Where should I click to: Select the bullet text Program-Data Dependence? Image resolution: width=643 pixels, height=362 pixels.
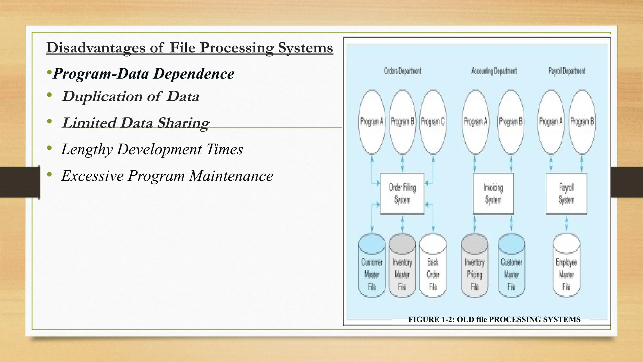[x=143, y=74]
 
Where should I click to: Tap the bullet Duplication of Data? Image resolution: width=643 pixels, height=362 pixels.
[x=131, y=96]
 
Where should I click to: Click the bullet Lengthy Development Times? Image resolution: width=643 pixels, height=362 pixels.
[x=152, y=149]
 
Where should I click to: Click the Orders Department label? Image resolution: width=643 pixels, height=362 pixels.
[x=402, y=71]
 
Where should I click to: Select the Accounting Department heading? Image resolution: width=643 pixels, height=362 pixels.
[x=494, y=71]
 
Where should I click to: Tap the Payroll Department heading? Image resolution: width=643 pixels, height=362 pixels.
[x=567, y=71]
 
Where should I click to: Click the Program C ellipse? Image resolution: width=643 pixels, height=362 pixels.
[x=433, y=122]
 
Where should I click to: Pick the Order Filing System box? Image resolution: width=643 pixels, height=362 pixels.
[x=402, y=194]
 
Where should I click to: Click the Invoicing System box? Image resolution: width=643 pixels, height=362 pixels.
[x=493, y=194]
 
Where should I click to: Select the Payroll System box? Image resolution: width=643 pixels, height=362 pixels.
[x=566, y=194]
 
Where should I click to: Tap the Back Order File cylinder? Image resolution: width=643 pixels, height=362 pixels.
[x=433, y=267]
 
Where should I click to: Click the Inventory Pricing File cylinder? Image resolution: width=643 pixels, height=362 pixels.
[x=474, y=267]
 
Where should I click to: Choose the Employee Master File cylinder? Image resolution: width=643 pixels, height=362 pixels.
[x=566, y=267]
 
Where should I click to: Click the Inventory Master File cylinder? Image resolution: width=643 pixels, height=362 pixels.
[x=402, y=267]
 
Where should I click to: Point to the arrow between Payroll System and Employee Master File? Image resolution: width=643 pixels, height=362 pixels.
[x=566, y=224]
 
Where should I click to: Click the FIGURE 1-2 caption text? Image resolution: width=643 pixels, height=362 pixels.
[x=494, y=320]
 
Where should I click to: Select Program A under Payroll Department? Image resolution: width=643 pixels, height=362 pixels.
[x=551, y=122]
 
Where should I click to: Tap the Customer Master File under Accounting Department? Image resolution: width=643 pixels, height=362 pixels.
[x=511, y=267]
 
